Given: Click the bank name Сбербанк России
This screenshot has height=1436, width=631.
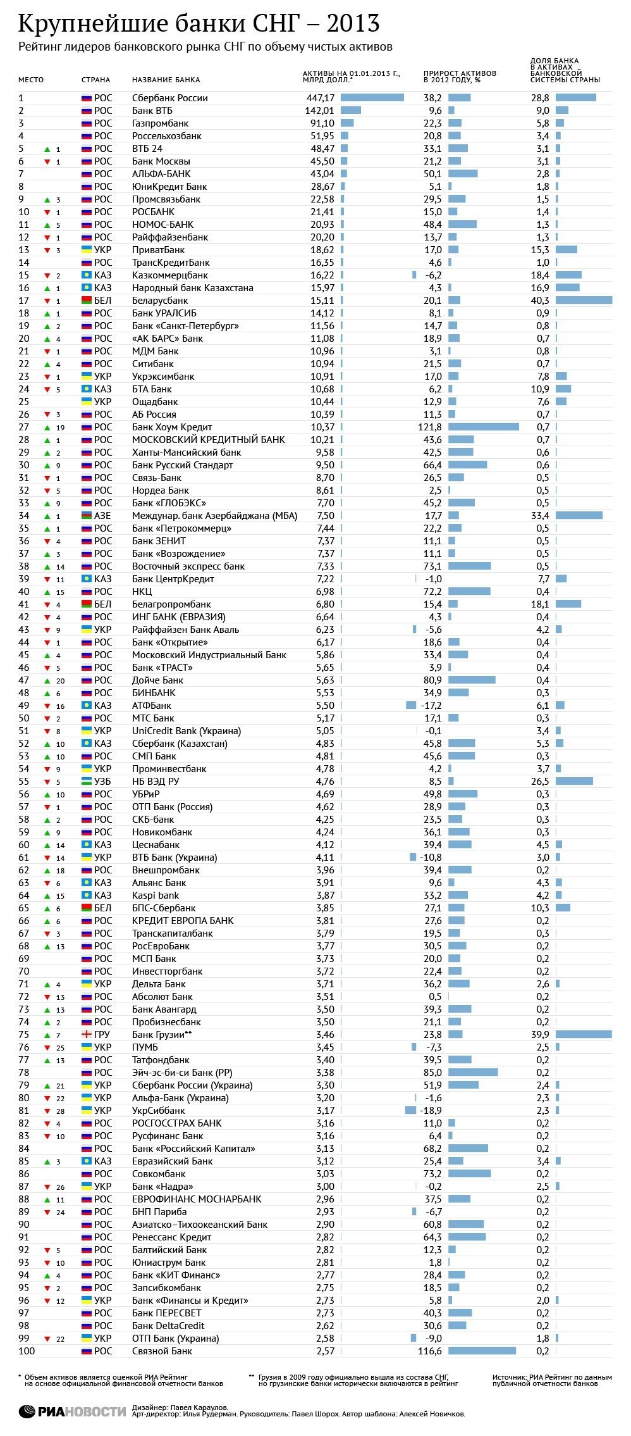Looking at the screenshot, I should click(x=169, y=98).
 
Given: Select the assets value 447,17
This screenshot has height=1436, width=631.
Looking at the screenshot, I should click(x=320, y=98).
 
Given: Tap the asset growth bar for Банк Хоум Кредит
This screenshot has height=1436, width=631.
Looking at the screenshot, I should click(x=483, y=427).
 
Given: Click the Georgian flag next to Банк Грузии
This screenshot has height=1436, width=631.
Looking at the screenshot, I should click(x=87, y=1035).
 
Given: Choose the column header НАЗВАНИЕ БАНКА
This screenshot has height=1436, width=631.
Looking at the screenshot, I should click(x=166, y=80).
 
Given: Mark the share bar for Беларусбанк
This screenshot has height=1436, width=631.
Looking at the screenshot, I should click(x=584, y=301).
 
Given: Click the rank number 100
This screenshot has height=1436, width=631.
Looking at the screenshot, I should click(x=27, y=1351).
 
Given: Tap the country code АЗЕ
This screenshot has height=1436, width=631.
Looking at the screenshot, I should click(x=102, y=516).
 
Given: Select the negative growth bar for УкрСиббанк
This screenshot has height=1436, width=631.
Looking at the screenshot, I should click(x=410, y=1111).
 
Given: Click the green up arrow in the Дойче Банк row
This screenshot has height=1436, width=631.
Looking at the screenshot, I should click(x=46, y=680).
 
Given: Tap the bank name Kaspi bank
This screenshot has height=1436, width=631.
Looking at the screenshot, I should click(x=156, y=896).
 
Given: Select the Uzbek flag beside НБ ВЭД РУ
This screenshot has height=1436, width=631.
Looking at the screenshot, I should click(x=87, y=782).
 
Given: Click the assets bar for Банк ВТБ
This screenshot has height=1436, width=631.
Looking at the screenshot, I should click(x=350, y=111).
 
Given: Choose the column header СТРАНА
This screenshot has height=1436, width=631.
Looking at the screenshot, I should click(x=95, y=80).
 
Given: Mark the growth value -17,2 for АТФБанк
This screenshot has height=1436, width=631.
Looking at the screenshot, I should click(x=432, y=706).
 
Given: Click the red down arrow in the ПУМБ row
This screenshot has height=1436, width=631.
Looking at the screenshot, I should click(x=46, y=1047).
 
